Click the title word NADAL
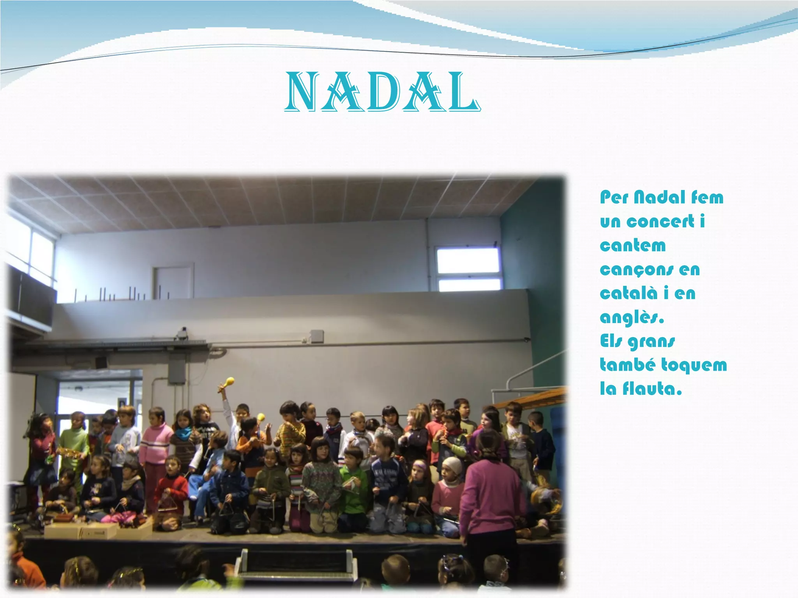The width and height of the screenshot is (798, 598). (382, 93)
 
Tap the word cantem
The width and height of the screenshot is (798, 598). (633, 246)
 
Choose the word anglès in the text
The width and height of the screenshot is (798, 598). (631, 318)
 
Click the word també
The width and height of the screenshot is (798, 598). (628, 365)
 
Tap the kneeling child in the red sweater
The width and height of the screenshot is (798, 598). (171, 491)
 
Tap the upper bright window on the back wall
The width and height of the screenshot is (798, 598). (468, 260)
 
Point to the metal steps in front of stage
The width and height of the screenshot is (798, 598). (296, 565)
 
